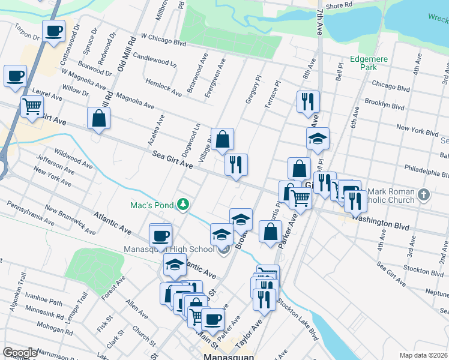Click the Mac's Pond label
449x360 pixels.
click(152, 205)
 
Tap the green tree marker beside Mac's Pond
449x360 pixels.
click(182, 205)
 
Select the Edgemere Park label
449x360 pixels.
click(370, 64)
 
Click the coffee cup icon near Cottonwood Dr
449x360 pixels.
click(53, 31)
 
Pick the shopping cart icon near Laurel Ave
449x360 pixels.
click(32, 107)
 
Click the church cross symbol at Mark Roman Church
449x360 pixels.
click(424, 194)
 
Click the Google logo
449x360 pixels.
click(20, 353)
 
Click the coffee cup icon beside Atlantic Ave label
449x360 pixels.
click(160, 235)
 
